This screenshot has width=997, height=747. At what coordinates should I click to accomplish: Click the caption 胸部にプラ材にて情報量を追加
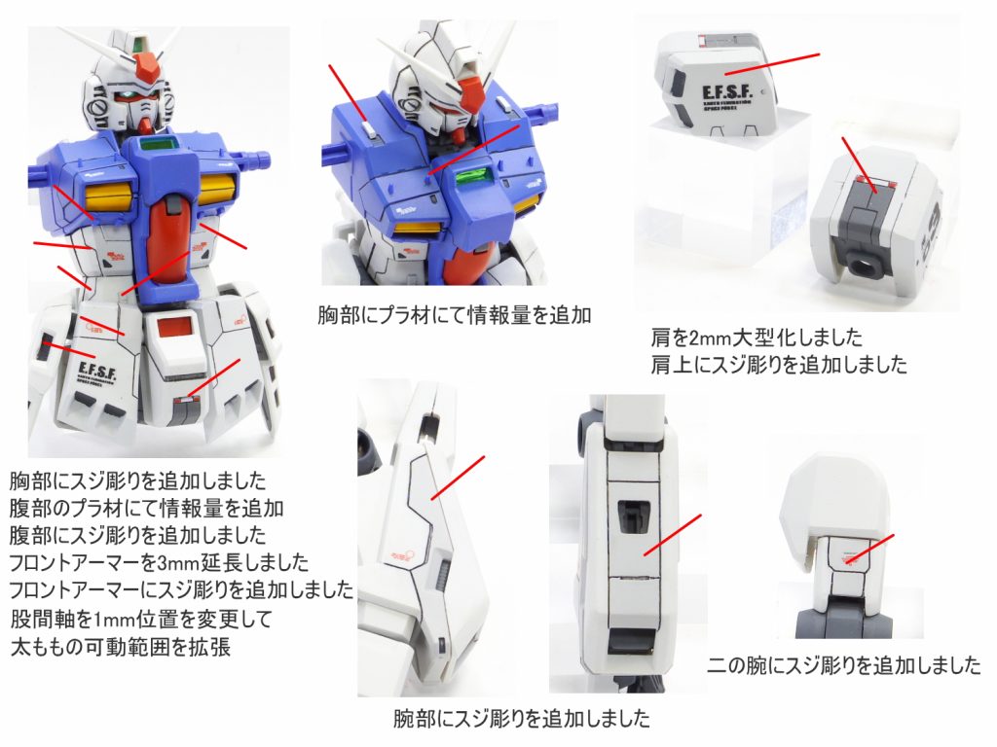(x=455, y=316)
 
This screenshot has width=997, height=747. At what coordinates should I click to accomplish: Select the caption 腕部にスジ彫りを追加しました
(x=521, y=720)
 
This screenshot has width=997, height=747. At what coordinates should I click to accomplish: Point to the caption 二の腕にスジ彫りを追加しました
(x=843, y=666)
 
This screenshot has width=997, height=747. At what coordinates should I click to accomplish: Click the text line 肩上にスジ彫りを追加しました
(x=779, y=366)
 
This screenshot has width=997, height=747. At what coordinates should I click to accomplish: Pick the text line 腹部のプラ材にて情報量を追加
(x=146, y=508)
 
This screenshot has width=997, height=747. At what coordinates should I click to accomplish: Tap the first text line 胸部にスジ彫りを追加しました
(x=137, y=480)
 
